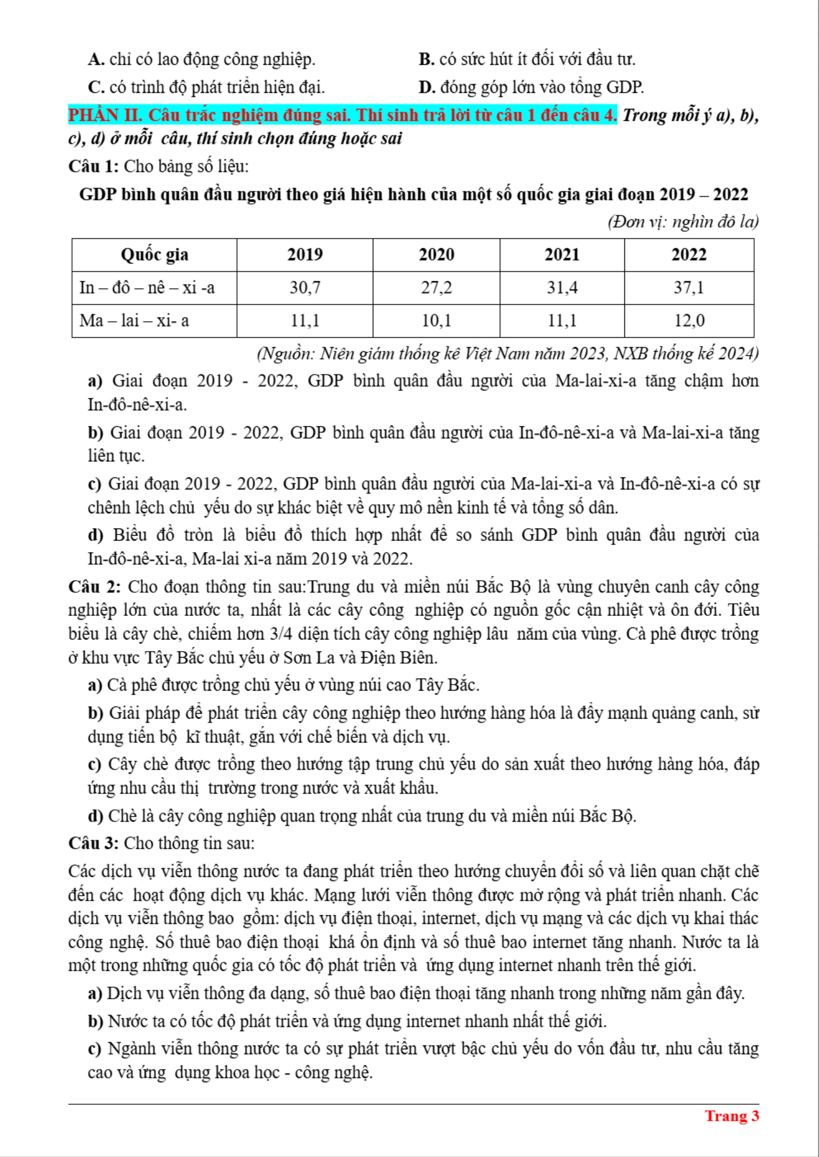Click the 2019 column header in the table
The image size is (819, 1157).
pos(305,254)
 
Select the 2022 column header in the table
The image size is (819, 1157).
pos(689,254)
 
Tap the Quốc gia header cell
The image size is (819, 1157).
pos(154,254)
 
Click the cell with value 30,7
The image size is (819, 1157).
pos(305,287)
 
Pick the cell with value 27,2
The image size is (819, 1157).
pos(436,287)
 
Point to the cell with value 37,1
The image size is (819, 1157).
pos(689,287)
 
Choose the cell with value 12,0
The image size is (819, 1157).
pos(689,320)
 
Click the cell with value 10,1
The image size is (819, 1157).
pos(436,320)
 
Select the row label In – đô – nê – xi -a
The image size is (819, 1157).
pos(147,287)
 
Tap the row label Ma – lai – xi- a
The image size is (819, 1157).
pos(134,320)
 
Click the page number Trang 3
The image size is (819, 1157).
pos(732,1116)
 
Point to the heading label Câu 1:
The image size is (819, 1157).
pos(93,166)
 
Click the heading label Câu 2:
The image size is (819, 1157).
pos(94,587)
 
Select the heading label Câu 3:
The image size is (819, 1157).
pos(93,843)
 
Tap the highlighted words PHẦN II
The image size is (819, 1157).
pos(105,115)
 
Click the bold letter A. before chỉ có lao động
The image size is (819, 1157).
pos(96,59)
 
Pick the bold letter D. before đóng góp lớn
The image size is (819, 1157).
pos(427,87)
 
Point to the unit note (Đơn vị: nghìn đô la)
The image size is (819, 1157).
pos(683,221)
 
